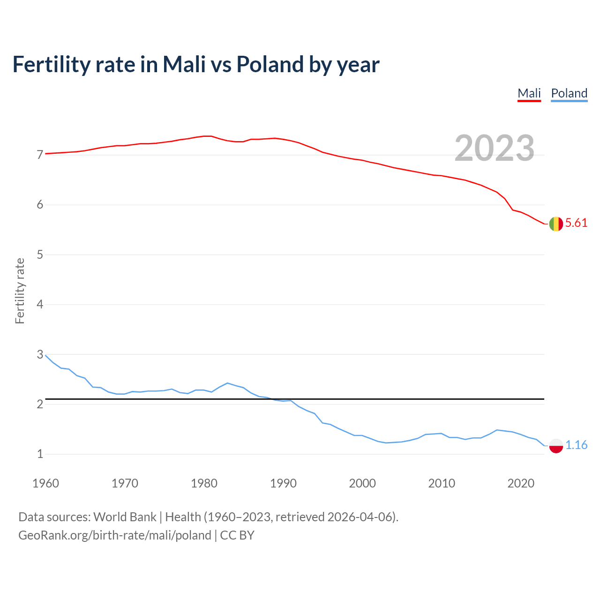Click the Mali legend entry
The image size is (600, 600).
point(529,93)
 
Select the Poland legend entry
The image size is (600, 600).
point(569,93)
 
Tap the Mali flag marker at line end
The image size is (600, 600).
point(556,224)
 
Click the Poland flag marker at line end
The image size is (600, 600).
point(556,446)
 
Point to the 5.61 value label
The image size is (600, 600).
point(576,223)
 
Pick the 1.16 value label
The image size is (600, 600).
point(576,445)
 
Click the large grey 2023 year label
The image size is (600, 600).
point(495,148)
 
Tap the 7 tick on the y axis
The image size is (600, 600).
point(40,155)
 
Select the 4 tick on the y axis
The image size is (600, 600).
point(40,305)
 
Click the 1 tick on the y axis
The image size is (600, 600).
point(40,454)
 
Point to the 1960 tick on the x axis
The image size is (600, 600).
point(45,483)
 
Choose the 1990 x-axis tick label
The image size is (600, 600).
point(283,483)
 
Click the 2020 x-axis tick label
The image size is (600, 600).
point(521,483)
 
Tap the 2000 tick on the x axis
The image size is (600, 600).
point(362,483)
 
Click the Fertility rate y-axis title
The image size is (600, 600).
point(20,291)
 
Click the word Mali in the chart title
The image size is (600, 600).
point(184,64)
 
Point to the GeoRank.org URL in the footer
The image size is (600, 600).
point(115,535)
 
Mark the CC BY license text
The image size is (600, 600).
point(237,535)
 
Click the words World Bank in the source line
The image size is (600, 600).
point(125,517)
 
